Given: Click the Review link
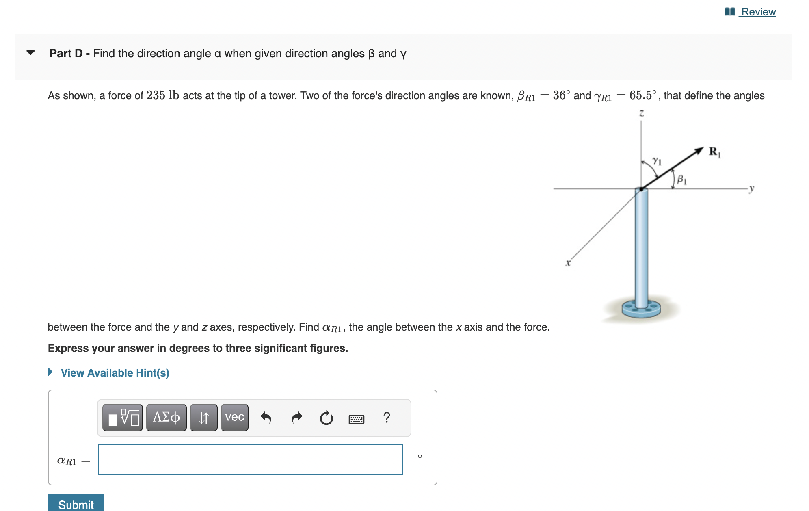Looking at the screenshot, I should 758,12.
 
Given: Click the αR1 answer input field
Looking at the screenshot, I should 250,460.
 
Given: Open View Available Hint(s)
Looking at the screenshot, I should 115,373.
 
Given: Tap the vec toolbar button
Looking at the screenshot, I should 234,417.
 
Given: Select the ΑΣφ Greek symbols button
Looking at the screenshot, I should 166,417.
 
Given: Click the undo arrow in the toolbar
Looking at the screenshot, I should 266,417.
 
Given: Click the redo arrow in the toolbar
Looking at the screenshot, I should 297,417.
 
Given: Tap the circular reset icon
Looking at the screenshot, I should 326,418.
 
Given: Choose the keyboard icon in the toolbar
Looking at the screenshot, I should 356,419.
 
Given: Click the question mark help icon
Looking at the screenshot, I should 387,417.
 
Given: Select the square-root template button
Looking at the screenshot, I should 123,417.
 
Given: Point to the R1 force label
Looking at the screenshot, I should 714,152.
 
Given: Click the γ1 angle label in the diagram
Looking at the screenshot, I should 657,161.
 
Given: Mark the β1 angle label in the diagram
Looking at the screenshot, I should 681,179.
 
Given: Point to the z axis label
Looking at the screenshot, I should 642,113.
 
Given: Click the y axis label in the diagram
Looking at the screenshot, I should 752,188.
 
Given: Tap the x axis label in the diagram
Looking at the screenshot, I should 568,263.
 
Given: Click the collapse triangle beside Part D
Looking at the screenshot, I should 30,53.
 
